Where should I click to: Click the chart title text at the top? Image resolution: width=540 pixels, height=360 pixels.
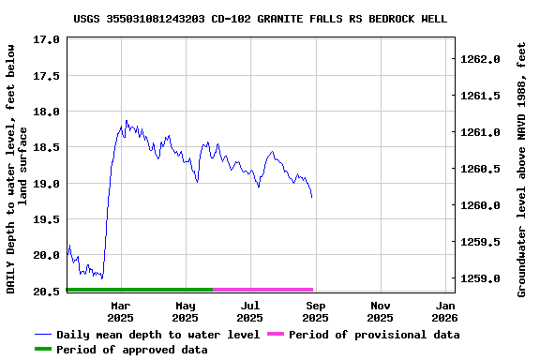pos(260,19)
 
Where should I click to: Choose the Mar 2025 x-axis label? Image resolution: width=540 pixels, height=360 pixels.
pos(121,312)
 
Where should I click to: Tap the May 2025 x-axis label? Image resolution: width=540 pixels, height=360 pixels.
pos(186,312)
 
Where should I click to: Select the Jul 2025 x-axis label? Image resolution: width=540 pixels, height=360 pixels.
pos(250,312)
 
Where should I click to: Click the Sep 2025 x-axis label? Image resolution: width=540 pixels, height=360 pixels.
pos(316,312)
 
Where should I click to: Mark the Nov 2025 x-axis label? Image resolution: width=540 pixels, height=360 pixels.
pos(381,312)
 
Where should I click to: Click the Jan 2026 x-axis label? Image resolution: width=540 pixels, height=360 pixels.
pos(446,312)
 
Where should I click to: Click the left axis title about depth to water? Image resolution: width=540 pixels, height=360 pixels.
pos(18,169)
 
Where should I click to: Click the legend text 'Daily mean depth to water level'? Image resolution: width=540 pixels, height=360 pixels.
pos(157,335)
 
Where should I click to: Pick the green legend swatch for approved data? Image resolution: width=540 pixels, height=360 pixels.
pos(43,350)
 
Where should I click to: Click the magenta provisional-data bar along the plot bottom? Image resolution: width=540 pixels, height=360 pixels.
pos(262,290)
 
